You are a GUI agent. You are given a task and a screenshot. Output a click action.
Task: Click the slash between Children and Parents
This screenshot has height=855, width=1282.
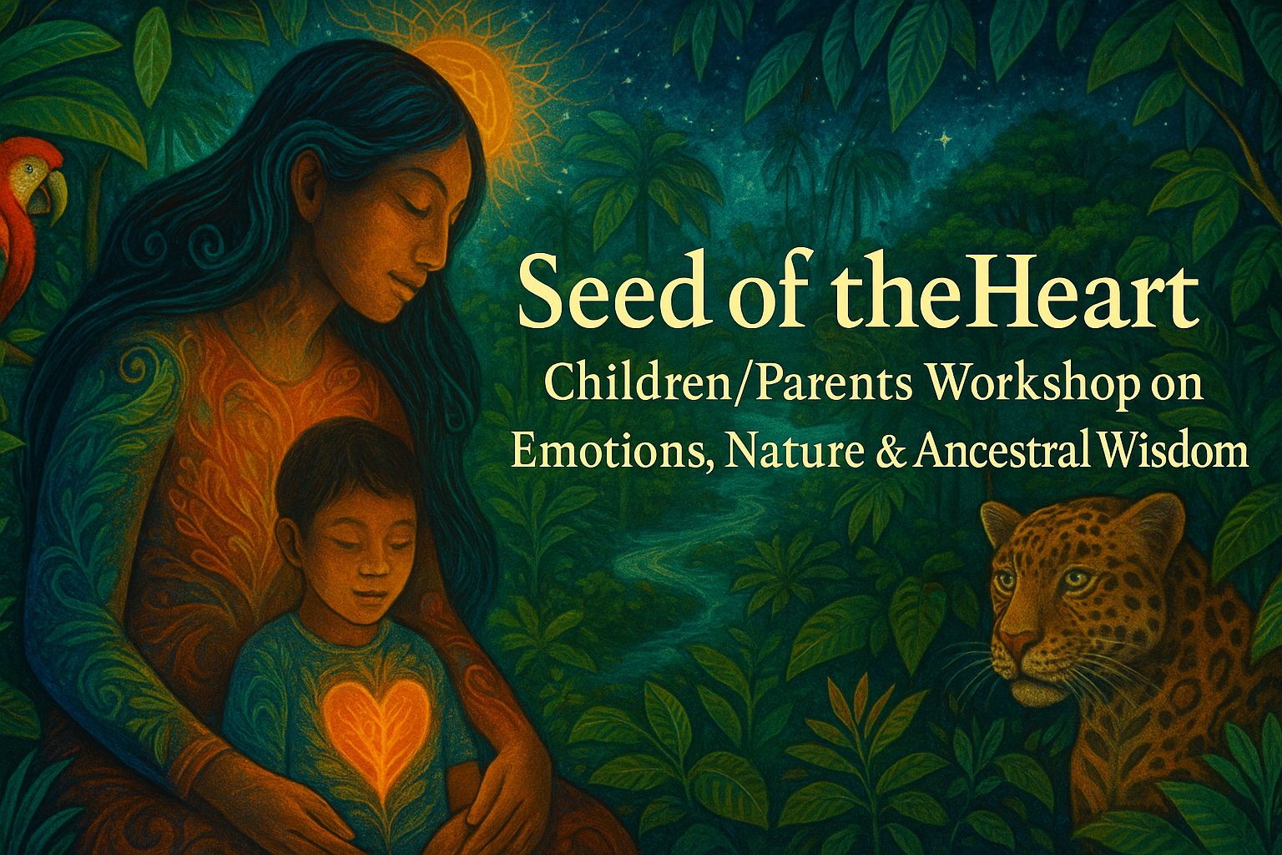[742, 385]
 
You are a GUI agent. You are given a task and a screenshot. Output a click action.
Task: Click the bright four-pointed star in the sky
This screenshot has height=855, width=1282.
[944, 139]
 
